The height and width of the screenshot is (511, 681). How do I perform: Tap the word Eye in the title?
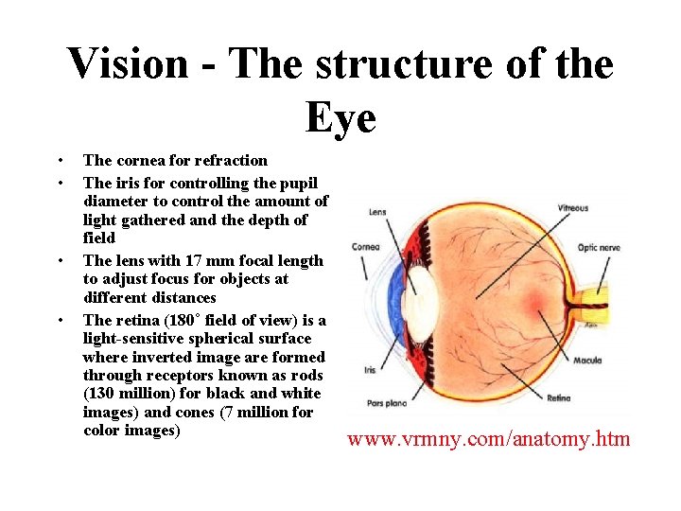(340, 117)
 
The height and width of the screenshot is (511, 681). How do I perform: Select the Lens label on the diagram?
(377, 212)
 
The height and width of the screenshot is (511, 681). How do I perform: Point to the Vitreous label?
(572, 208)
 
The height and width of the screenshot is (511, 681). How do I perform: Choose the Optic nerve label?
(599, 247)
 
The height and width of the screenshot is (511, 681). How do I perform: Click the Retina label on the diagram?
(558, 398)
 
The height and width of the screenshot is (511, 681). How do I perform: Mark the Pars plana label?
(389, 402)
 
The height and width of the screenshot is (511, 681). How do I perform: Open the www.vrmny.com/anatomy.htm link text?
(488, 439)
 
